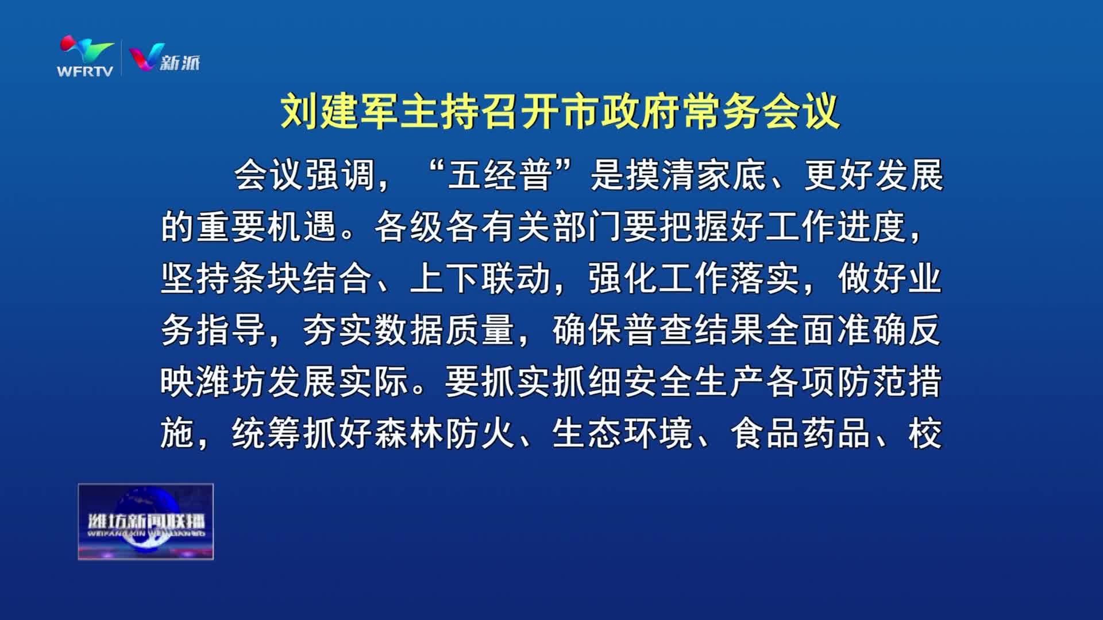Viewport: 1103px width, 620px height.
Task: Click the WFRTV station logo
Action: tap(87, 56)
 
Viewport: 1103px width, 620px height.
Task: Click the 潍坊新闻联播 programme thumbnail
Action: tap(146, 521)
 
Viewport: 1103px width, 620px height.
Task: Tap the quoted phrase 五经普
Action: tap(499, 175)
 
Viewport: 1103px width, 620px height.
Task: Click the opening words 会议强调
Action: tap(304, 175)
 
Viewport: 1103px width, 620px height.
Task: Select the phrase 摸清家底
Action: tap(696, 175)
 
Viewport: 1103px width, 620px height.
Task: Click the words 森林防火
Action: tap(445, 433)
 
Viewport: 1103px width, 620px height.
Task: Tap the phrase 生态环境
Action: tap(623, 433)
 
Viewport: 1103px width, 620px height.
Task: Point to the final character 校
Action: tap(925, 433)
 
